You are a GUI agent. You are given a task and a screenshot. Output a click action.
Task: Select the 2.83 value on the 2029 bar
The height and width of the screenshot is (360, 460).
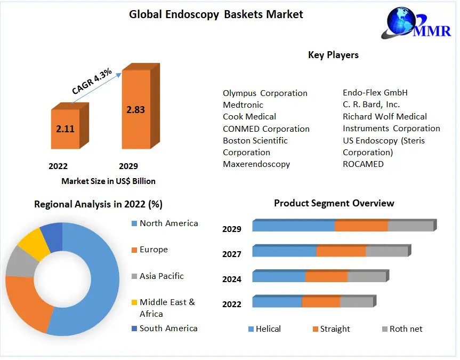pyautogui.click(x=135, y=110)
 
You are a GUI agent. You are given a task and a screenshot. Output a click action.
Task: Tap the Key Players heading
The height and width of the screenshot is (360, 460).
pyautogui.click(x=333, y=55)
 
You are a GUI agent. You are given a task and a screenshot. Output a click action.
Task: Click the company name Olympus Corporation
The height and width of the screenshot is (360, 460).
pyautogui.click(x=265, y=93)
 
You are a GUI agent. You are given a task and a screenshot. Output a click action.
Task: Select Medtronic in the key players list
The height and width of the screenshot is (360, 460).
pyautogui.click(x=243, y=105)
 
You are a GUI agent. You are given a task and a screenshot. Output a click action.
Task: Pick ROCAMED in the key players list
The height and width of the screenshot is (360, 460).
pyautogui.click(x=363, y=164)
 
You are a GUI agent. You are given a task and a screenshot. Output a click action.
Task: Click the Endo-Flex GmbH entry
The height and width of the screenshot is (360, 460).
pyautogui.click(x=375, y=92)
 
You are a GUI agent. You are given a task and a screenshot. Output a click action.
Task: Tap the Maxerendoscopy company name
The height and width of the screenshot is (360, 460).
pyautogui.click(x=256, y=164)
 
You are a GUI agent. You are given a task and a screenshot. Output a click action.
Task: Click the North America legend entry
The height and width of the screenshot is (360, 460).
pyautogui.click(x=168, y=223)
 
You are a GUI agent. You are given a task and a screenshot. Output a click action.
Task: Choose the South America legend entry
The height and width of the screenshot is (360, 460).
pyautogui.click(x=168, y=328)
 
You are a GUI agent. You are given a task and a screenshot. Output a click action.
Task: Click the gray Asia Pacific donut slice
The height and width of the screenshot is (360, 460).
pyautogui.click(x=19, y=261)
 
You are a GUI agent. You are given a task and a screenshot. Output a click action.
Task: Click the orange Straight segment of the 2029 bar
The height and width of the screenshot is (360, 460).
pyautogui.click(x=361, y=226)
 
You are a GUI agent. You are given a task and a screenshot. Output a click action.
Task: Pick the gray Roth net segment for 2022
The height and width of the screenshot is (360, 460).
pyautogui.click(x=356, y=302)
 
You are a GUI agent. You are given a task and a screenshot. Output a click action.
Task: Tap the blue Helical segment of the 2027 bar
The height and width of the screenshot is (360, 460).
pyautogui.click(x=284, y=251)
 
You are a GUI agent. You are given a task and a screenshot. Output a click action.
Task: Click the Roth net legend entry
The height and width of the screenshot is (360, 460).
pyautogui.click(x=406, y=329)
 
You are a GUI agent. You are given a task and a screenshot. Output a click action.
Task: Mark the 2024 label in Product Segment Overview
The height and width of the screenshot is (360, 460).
pyautogui.click(x=232, y=279)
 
